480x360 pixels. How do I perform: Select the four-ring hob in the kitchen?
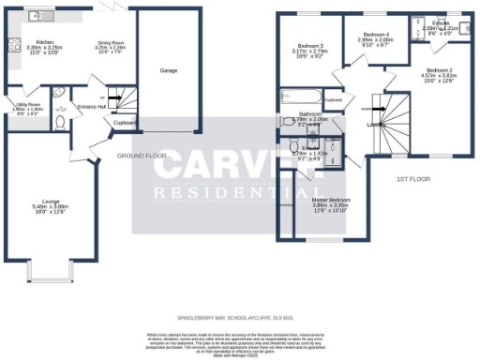pyautogui.click(x=14, y=43)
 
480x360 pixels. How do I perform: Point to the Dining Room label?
pyautogui.click(x=112, y=43)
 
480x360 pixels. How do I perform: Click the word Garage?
pyautogui.click(x=169, y=70)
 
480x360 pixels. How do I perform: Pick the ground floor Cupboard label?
pyautogui.click(x=126, y=122)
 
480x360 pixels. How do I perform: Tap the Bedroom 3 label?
pyautogui.click(x=310, y=46)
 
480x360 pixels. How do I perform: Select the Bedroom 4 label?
pyautogui.click(x=374, y=35)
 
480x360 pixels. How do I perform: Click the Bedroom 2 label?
pyautogui.click(x=439, y=71)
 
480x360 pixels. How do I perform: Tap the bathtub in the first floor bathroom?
pyautogui.click(x=297, y=97)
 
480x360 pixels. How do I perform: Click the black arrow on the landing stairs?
pyautogui.click(x=367, y=109)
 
